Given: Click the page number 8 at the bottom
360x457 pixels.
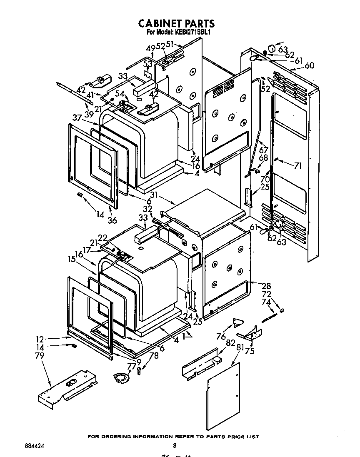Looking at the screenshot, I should tap(174, 446).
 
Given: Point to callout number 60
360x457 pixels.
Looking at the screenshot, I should tap(309, 65).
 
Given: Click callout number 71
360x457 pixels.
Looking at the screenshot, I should tap(297, 166).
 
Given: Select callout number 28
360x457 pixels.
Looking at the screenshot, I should tap(266, 286).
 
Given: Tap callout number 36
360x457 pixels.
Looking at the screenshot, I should tap(112, 220).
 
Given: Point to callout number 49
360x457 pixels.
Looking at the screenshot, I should tap(150, 47).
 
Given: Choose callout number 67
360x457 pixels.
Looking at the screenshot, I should tap(263, 150).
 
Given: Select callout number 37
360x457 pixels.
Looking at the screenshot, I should tap(77, 118).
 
